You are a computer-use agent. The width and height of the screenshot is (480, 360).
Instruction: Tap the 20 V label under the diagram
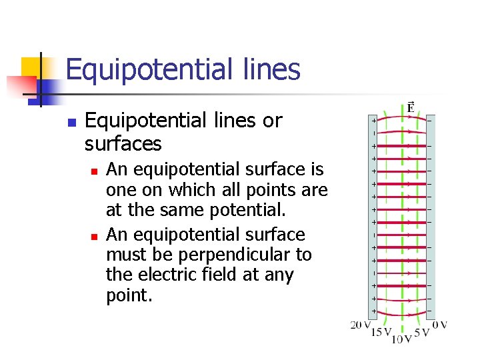pos(361,325)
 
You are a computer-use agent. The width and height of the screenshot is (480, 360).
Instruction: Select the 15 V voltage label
pos(381,332)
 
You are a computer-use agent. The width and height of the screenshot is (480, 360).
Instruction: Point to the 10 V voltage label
pos(401,340)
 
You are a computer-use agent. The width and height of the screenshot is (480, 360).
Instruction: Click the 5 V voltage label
pos(422,332)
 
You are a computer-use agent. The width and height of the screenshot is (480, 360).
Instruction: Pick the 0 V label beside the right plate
pos(440,325)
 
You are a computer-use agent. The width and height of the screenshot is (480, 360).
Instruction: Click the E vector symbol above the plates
pos(411,107)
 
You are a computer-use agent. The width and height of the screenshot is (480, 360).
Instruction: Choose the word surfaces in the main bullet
pos(123,143)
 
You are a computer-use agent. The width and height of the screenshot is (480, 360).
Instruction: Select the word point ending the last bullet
pos(129,295)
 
